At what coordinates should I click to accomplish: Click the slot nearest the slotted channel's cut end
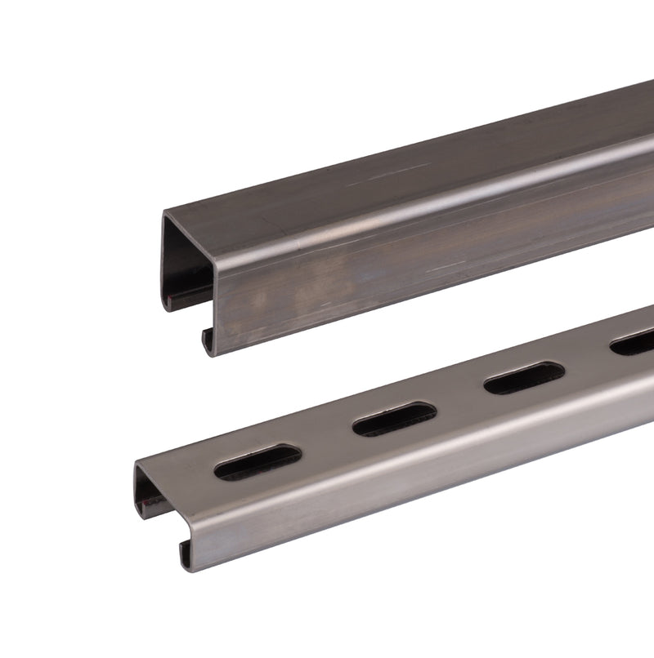[257, 462]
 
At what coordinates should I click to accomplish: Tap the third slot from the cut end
[524, 378]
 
